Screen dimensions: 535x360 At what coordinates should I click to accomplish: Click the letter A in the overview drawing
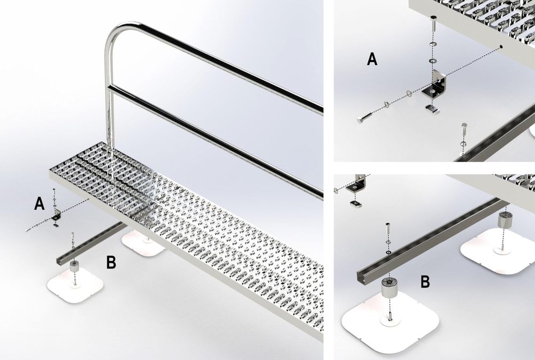(x=39, y=204)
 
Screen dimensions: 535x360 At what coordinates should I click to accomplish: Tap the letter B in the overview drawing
(x=111, y=263)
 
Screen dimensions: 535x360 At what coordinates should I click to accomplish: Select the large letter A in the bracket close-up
(x=372, y=59)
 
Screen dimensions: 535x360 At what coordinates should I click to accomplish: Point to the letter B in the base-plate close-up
(x=425, y=282)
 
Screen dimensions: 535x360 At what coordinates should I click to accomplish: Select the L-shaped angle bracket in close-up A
(x=433, y=85)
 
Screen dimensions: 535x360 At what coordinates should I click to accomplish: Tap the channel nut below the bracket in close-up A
(x=431, y=110)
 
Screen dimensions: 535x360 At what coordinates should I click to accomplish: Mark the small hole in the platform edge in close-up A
(x=501, y=46)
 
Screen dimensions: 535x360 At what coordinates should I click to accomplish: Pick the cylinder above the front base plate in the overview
(x=74, y=266)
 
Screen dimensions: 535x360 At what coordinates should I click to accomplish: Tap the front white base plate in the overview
(x=75, y=285)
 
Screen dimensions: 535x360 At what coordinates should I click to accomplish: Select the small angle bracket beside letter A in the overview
(x=57, y=216)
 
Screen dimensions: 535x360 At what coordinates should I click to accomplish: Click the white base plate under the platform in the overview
(x=143, y=242)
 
